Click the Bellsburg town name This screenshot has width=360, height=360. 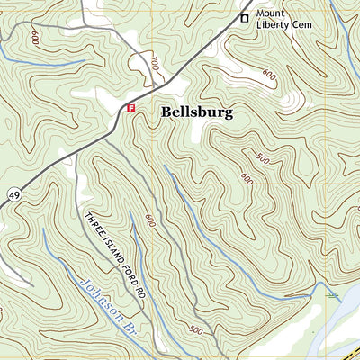197,112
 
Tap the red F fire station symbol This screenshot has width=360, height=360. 131,108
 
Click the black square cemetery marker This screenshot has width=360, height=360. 242,17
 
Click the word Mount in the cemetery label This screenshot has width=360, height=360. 272,14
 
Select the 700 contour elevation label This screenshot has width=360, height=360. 154,65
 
